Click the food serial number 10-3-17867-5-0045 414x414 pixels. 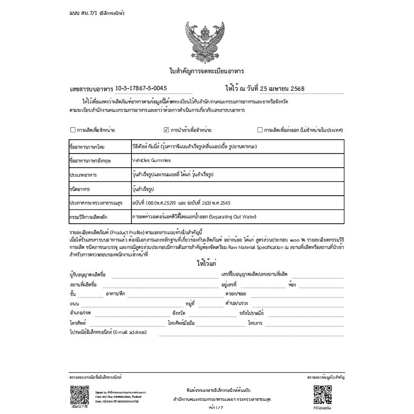pos(141,89)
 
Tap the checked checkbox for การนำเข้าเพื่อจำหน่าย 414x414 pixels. pos(166,129)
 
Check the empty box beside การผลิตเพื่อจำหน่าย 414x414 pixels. pos(72,129)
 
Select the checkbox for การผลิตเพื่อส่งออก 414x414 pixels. pos(259,129)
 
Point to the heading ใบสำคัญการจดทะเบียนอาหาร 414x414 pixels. pos(206,70)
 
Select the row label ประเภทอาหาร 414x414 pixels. pos(84,174)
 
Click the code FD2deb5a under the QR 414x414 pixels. pos(323,408)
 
